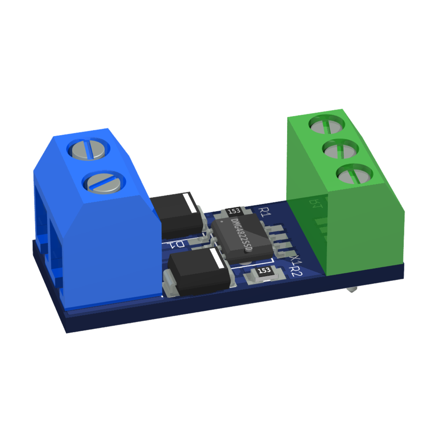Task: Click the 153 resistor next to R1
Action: click(234, 211)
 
